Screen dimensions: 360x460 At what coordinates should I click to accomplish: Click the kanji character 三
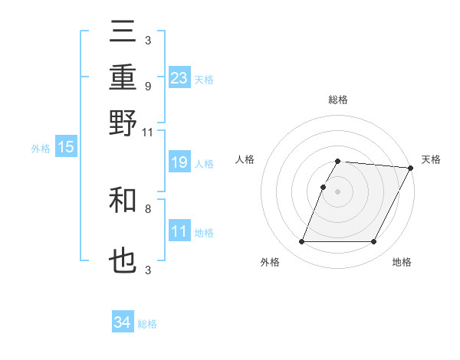(123, 32)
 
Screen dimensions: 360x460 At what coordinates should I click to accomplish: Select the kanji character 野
(123, 123)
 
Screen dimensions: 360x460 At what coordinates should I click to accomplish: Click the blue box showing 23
(179, 78)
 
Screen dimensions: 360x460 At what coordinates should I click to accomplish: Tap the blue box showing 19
(179, 162)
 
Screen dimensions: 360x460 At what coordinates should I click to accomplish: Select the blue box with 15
(66, 148)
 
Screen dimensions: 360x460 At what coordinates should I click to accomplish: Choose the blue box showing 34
(123, 322)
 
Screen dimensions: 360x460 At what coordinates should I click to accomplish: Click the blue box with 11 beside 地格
(179, 231)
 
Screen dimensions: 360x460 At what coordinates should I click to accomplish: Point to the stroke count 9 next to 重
(148, 86)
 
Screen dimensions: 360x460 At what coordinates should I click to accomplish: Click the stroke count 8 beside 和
(148, 208)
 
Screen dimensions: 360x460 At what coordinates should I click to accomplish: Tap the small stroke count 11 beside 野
(148, 132)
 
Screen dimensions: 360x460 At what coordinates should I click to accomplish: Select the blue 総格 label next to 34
(148, 324)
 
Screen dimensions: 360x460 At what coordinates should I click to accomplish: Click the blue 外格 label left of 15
(41, 149)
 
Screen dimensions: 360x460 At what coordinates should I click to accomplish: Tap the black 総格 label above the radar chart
(338, 100)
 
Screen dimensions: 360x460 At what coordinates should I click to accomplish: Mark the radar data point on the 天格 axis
(411, 169)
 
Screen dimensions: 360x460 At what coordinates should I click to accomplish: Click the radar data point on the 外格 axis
(302, 242)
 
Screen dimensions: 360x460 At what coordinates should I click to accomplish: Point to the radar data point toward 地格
(374, 242)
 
